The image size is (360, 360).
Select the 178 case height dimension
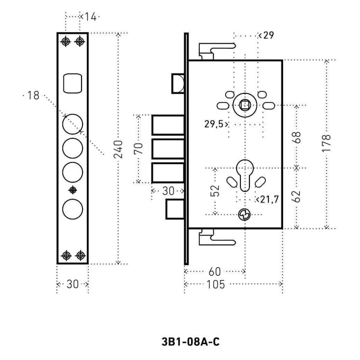tap(327, 143)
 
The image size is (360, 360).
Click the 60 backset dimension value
tap(214, 271)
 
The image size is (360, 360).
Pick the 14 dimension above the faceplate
tap(90, 17)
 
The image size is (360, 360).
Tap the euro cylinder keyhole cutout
tap(245, 175)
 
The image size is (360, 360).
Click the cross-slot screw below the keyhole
tap(244, 215)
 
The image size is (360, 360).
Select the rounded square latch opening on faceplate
tap(72, 83)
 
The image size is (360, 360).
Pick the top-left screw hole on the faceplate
tap(66, 41)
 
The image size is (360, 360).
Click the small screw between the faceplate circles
tap(72, 189)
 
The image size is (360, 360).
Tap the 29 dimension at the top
tap(268, 36)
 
